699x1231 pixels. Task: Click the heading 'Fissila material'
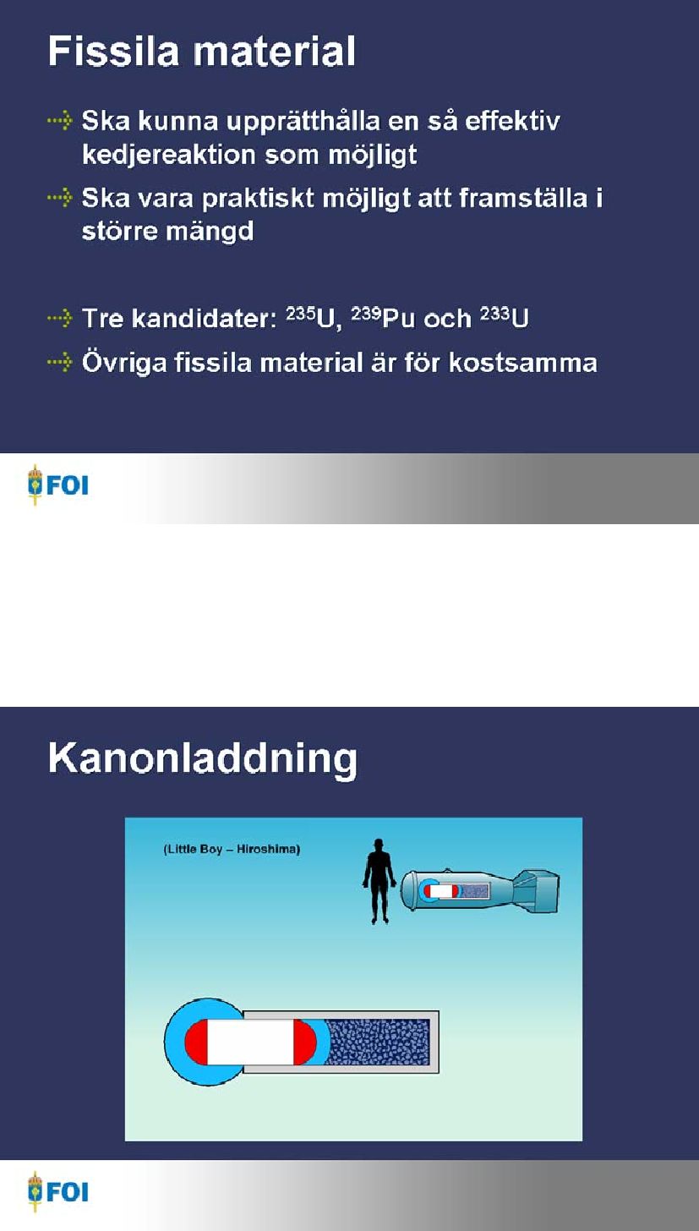[x=202, y=52]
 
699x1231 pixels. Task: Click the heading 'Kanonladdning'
[x=202, y=759]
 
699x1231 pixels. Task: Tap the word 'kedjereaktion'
[x=168, y=156]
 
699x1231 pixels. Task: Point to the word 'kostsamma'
[x=522, y=363]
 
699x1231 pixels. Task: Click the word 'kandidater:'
[x=205, y=318]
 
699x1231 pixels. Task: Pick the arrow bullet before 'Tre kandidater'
[x=60, y=318]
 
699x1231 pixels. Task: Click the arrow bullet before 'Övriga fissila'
[x=60, y=362]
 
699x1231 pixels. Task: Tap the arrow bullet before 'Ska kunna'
[x=60, y=120]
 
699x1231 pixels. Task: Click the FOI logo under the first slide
[x=57, y=485]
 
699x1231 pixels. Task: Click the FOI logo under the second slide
[x=57, y=1191]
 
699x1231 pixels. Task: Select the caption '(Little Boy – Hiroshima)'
[x=232, y=849]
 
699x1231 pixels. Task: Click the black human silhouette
[x=379, y=881]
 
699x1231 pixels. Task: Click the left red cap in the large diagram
[x=196, y=1042]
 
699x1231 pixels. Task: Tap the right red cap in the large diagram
[x=304, y=1042]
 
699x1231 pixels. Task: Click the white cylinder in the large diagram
[x=250, y=1042]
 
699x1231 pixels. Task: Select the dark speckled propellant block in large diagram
[x=378, y=1042]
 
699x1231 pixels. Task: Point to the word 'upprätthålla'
[x=303, y=122]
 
